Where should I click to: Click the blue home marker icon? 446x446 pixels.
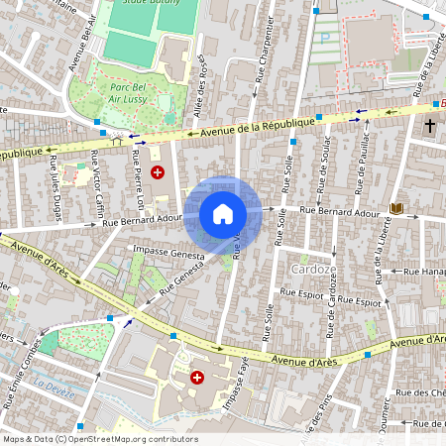click(223, 214)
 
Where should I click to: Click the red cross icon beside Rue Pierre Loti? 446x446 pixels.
click(158, 172)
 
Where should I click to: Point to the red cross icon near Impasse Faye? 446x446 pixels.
click(196, 378)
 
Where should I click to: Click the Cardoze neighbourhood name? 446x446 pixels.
click(310, 269)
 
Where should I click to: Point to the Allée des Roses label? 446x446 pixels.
click(205, 83)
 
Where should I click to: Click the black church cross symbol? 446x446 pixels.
click(430, 126)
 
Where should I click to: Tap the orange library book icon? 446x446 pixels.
click(397, 208)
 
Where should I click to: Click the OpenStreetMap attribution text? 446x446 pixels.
click(100, 439)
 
